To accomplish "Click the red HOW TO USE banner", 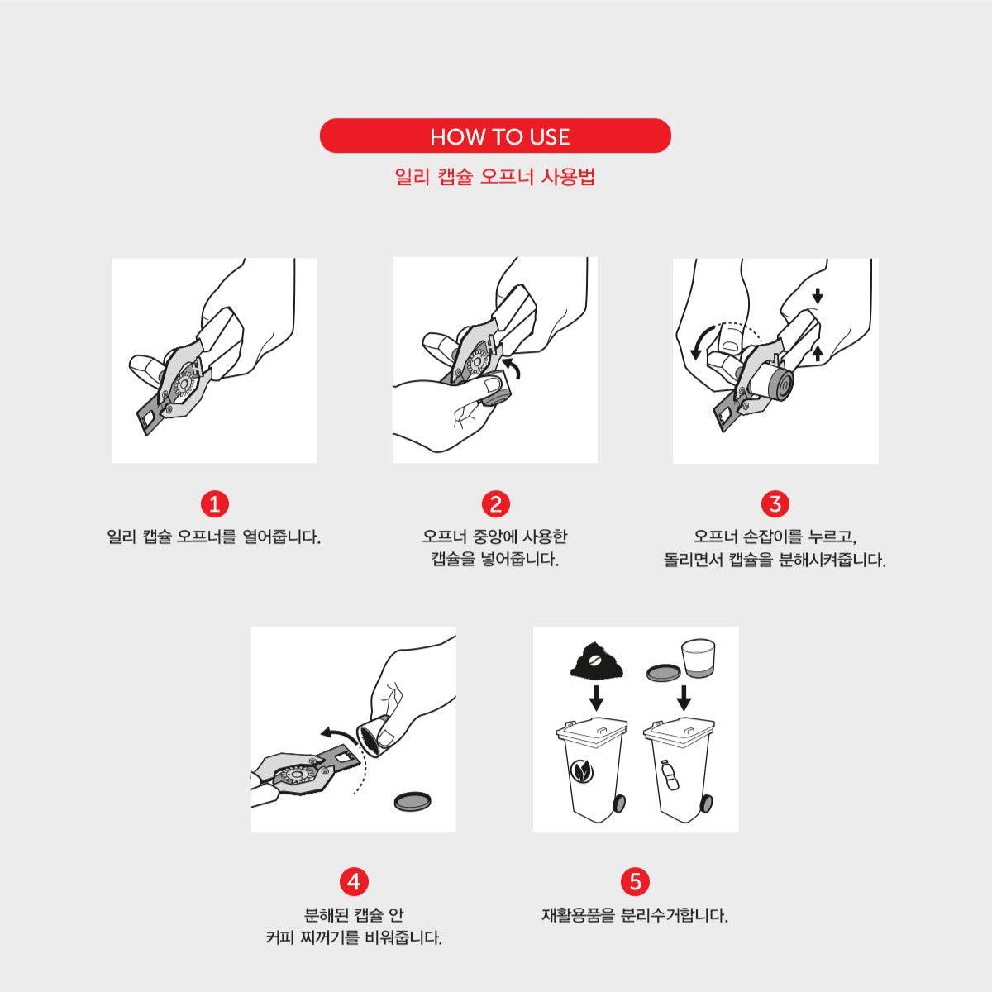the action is (495, 136).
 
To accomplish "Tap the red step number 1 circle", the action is (215, 503).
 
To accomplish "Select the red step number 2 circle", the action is (496, 503).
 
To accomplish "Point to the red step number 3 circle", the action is (775, 503).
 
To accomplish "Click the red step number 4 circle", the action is (354, 881).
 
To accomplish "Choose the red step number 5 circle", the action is (636, 881).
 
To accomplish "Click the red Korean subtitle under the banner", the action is (495, 177).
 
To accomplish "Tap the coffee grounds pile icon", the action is (597, 659).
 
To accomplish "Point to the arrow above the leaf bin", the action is (597, 698).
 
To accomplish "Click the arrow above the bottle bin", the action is (684, 698).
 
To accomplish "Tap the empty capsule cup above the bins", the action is (698, 657).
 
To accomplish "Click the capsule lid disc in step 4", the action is (413, 800).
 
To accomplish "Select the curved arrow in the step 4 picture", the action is (337, 734).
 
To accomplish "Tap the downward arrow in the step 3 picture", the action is (818, 296).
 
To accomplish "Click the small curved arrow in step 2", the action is (513, 368).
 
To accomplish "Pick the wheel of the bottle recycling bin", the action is (707, 803).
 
